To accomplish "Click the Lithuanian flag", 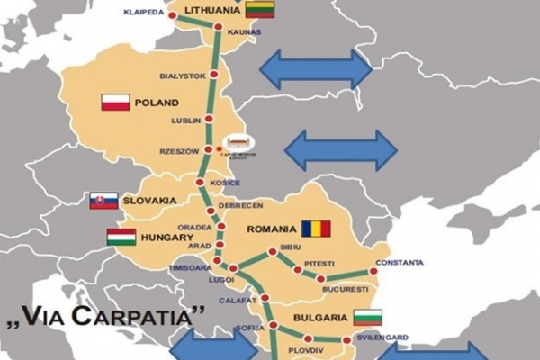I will click(260, 11).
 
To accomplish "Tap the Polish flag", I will click(116, 103).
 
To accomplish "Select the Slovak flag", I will click(103, 200).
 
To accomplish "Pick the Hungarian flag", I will click(121, 238).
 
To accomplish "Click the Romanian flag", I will click(316, 229).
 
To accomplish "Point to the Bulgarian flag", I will click(367, 318).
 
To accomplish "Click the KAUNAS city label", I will click(243, 31).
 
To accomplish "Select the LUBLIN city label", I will click(184, 119).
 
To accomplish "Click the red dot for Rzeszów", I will click(209, 149).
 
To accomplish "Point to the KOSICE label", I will click(224, 183).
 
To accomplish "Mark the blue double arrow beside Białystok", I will click(316, 69).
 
